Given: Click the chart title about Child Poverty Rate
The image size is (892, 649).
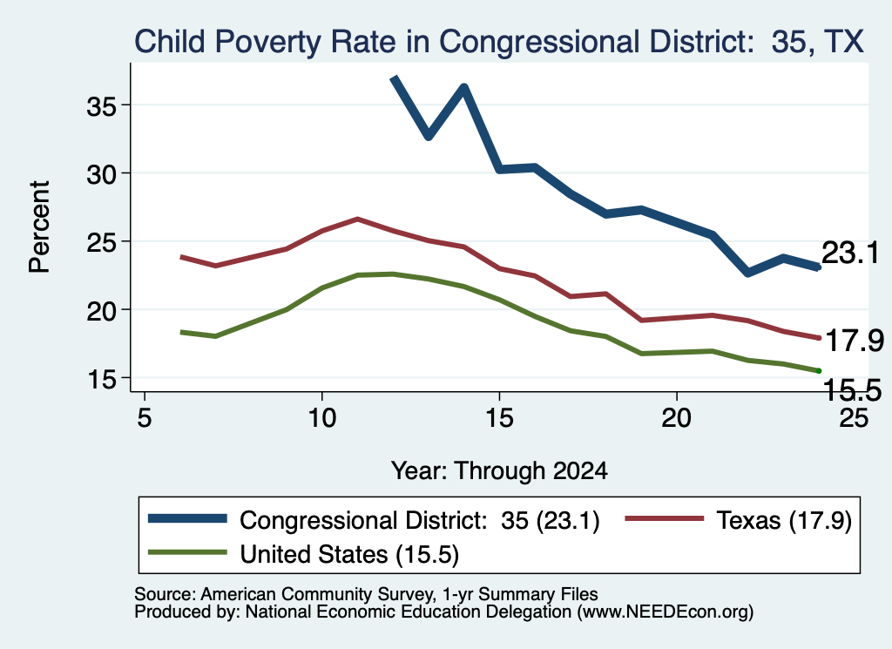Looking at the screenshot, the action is tap(499, 42).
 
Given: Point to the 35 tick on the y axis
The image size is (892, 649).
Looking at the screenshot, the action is tap(101, 105).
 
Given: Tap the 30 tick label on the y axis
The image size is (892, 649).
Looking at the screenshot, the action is tap(101, 174).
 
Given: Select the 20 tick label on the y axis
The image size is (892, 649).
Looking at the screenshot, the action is tap(101, 311).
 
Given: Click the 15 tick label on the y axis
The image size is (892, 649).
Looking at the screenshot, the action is tap(101, 379).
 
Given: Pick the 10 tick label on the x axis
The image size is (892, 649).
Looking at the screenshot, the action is tap(322, 418).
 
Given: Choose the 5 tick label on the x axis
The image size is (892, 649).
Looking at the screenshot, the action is tap(145, 418).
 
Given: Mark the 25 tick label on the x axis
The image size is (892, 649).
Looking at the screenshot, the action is tap(854, 418).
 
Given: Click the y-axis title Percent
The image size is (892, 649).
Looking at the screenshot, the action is tap(39, 226).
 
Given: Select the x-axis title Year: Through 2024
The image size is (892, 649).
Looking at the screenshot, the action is tap(499, 471).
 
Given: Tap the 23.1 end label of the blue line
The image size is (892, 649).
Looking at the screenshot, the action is tap(850, 253).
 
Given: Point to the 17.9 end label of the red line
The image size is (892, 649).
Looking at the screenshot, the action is tap(854, 341).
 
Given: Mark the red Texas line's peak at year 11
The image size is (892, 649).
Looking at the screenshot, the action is tap(357, 219).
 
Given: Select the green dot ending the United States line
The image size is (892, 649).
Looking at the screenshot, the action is tap(819, 371).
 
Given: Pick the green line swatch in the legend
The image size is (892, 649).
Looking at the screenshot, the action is tap(187, 553).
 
